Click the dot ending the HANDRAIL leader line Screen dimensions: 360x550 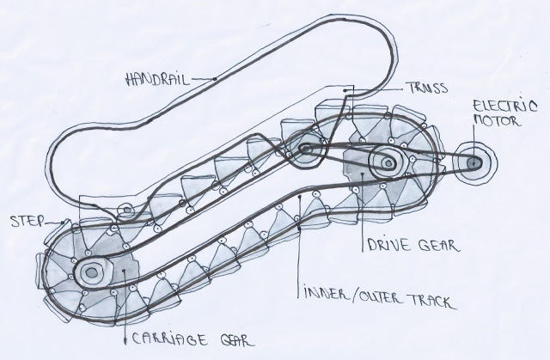point(214,78)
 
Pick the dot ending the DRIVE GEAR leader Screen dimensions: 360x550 point(363,174)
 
